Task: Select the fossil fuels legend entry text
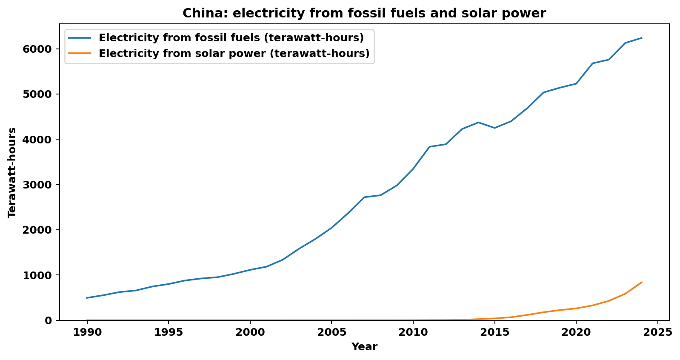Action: coord(231,38)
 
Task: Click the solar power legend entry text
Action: coord(234,54)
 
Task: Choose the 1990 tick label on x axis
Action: coord(87,332)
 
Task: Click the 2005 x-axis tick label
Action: coord(331,332)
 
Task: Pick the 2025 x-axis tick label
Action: coord(657,332)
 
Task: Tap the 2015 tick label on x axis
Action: coord(494,332)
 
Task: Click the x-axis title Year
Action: coord(364,347)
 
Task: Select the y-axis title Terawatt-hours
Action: coord(12,172)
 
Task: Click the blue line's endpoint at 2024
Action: coord(641,38)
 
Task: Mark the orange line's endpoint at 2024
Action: coord(641,283)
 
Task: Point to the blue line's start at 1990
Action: coord(87,298)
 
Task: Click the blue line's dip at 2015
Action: coord(494,128)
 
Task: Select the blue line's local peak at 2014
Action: coord(478,123)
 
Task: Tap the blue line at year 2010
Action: coord(413,169)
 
